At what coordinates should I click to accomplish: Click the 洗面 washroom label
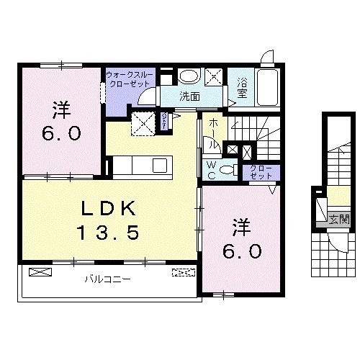(189, 96)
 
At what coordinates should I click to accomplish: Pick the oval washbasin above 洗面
(189, 76)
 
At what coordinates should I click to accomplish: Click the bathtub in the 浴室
(268, 89)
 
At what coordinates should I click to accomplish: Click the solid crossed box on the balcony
(42, 273)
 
